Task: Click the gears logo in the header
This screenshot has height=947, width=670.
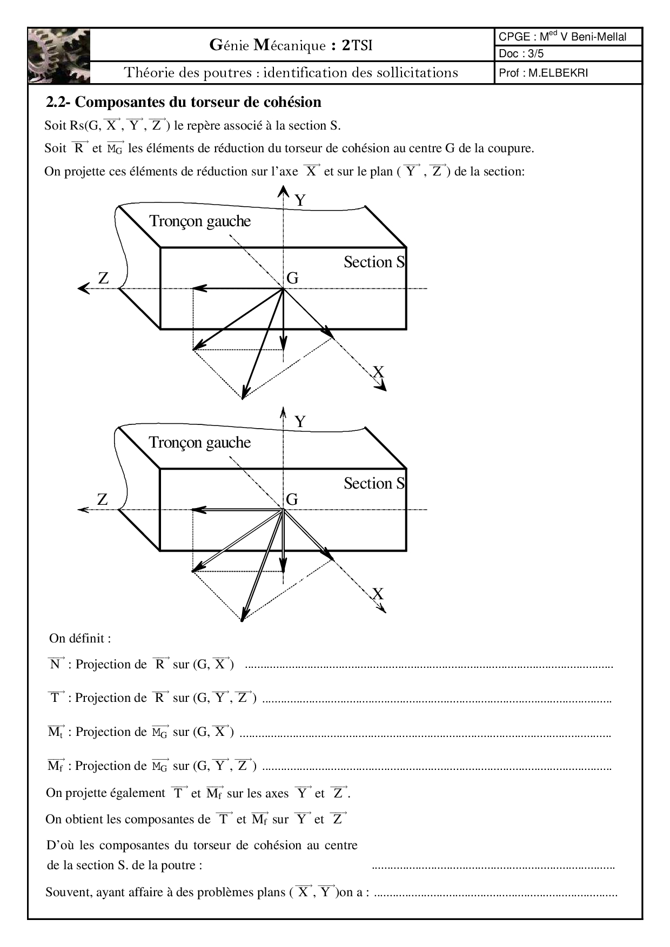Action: pos(59,56)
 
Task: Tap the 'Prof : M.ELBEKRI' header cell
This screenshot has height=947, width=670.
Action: pos(543,73)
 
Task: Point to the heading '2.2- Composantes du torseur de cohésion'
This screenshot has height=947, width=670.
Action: pos(184,102)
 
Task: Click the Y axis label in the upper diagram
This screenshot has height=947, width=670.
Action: pos(300,201)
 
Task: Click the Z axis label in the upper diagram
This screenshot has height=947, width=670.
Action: pos(103,278)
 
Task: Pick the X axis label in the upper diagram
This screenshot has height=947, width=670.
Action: pos(378,372)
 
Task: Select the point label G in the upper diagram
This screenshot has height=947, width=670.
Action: pos(292,278)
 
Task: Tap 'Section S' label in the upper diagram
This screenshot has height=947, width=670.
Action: pos(374,262)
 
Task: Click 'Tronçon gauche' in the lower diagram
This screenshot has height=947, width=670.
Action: pos(200,443)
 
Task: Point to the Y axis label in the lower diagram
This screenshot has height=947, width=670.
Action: pos(300,422)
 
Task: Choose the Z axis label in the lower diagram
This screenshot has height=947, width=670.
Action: pos(103,500)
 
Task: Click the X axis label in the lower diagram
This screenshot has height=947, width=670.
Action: pos(378,594)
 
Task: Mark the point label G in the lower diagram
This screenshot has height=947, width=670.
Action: pos(292,499)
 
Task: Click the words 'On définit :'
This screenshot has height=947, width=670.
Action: pos(80,638)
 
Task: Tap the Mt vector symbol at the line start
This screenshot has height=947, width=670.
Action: pos(56,732)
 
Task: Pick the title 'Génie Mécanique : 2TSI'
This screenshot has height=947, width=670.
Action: pos(291,45)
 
